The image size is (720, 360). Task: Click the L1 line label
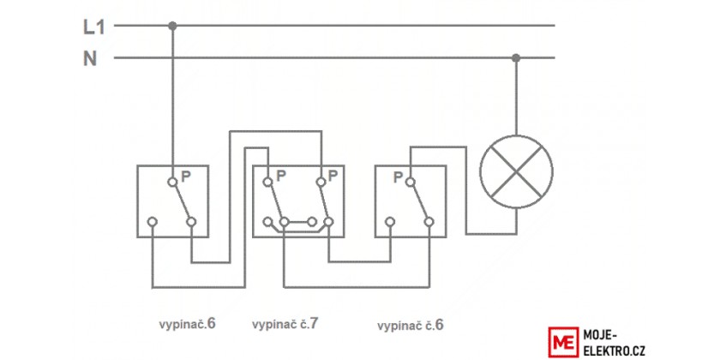pyautogui.click(x=94, y=27)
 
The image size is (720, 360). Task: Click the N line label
pyautogui.click(x=90, y=59)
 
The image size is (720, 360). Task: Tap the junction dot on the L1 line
pyautogui.click(x=172, y=26)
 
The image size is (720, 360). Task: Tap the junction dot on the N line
pyautogui.click(x=516, y=58)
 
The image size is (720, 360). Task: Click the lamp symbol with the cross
pyautogui.click(x=517, y=171)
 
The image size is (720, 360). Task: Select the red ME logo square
pyautogui.click(x=563, y=342)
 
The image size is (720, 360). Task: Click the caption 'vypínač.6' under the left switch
pyautogui.click(x=188, y=324)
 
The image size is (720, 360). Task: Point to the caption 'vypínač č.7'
pyautogui.click(x=285, y=324)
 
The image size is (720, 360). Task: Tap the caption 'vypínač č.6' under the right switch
pyautogui.click(x=411, y=326)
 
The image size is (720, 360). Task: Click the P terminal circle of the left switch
pyautogui.click(x=172, y=183)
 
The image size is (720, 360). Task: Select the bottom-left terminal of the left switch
pyautogui.click(x=153, y=222)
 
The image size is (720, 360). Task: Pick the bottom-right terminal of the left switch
pyautogui.click(x=191, y=222)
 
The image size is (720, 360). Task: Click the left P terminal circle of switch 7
pyautogui.click(x=267, y=183)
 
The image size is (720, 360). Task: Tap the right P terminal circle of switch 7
pyautogui.click(x=321, y=183)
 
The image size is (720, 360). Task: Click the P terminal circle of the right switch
pyautogui.click(x=410, y=183)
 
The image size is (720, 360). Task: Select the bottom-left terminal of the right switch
pyautogui.click(x=390, y=222)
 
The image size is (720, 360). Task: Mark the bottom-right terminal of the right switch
pyautogui.click(x=429, y=222)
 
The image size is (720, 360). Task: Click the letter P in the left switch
pyautogui.click(x=186, y=177)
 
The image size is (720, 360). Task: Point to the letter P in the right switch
pyautogui.click(x=398, y=177)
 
